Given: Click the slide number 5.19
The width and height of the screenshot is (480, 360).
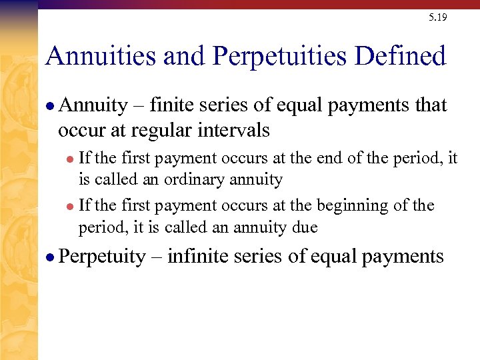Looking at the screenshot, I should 438,17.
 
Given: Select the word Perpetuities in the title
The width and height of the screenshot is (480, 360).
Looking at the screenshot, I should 279,57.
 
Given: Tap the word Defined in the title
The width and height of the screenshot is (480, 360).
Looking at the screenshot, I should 400,56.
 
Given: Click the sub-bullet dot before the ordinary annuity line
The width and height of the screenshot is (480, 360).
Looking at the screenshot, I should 71,159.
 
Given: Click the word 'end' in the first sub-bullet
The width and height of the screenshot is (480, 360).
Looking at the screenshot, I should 317,158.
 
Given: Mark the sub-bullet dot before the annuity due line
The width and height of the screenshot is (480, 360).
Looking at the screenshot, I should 71,206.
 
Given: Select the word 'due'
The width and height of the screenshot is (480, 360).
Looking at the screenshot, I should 305,227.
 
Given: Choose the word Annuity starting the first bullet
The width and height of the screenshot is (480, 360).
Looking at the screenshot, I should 93,106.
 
